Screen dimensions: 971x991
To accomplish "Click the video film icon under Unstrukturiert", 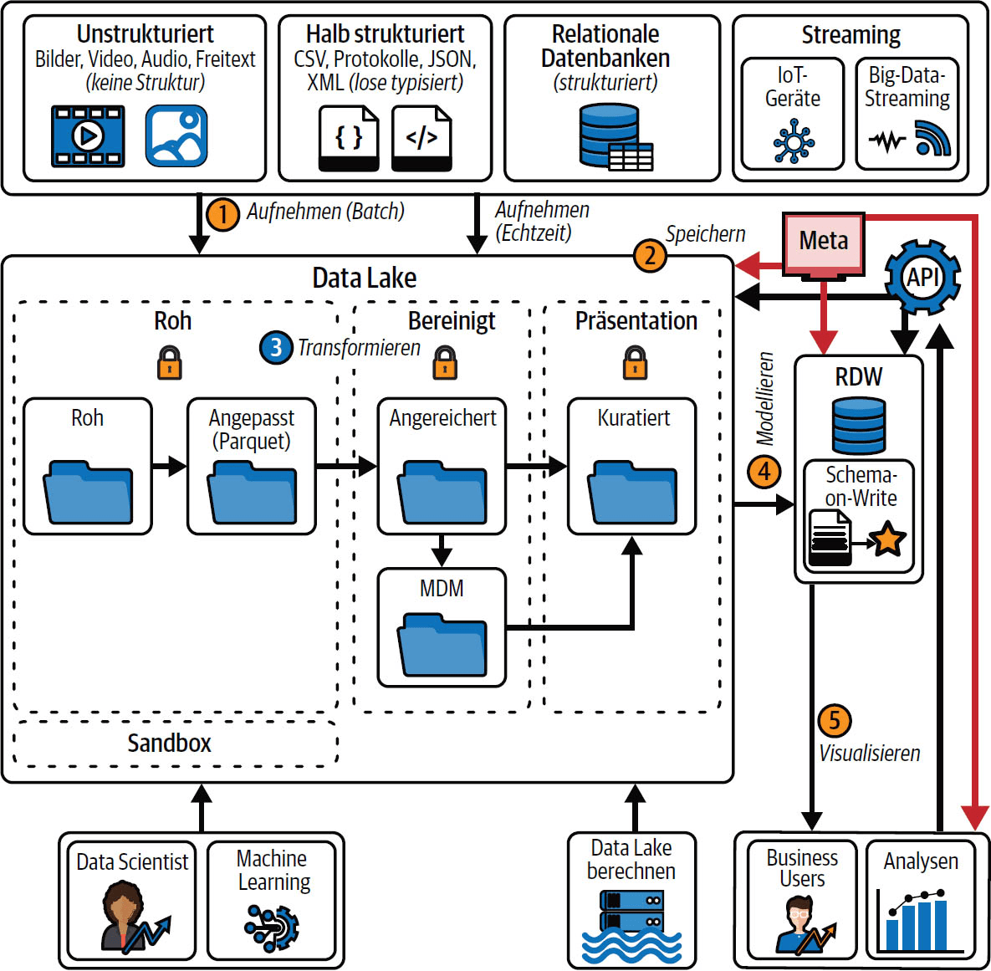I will point(88,135).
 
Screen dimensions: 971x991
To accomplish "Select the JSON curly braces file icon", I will point(349,138).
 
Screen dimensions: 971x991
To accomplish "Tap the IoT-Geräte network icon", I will point(793,141).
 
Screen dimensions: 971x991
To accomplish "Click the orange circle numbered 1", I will point(222,214).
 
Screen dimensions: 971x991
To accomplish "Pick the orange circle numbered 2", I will point(650,255).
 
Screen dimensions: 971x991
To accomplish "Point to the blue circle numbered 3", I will point(276,348).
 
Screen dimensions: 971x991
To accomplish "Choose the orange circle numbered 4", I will point(764,472).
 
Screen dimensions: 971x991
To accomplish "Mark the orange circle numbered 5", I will point(834,720).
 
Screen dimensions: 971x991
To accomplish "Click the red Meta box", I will point(823,243).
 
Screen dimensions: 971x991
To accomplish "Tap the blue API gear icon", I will point(922,277).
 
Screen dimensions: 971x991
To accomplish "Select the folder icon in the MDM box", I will point(442,644).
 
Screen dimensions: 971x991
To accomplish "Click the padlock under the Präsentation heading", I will point(635,363).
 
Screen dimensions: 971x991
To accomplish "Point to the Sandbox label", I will point(169,744).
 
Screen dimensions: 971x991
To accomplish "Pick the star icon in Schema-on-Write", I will point(887,539).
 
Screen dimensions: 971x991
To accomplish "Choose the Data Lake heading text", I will point(365,279).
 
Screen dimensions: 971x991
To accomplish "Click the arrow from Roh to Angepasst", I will point(170,466).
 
